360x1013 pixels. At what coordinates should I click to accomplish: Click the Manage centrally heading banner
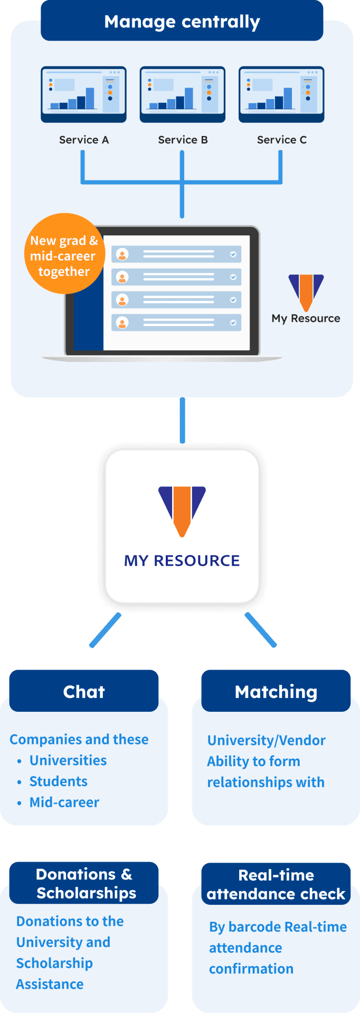pos(182,22)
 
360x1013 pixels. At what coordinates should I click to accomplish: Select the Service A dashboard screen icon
pos(83,94)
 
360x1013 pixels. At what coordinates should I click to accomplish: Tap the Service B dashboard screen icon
pos(182,94)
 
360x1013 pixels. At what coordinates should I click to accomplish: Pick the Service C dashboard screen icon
pos(281,94)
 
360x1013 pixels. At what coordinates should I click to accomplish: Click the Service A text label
pos(84,140)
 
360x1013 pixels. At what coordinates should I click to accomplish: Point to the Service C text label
pos(281,140)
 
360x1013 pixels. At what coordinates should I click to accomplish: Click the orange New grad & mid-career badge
pos(64,254)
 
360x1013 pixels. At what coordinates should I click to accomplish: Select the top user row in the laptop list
pos(176,254)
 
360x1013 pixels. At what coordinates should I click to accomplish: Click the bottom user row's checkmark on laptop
pos(233,322)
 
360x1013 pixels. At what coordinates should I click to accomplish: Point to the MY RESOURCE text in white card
pos(182,560)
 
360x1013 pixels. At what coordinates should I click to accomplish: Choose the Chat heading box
pos(84,691)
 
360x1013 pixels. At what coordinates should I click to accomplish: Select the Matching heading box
pos(276,691)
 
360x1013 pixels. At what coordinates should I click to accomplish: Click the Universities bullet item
pos(68,760)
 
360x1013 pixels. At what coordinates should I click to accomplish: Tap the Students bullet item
pos(59,781)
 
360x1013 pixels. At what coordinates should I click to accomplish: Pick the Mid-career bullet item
pos(64,802)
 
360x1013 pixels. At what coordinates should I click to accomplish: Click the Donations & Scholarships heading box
pos(84,883)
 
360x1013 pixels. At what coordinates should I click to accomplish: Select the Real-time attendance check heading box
pos(276,884)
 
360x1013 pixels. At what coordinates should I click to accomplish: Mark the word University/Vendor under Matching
pos(267,740)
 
